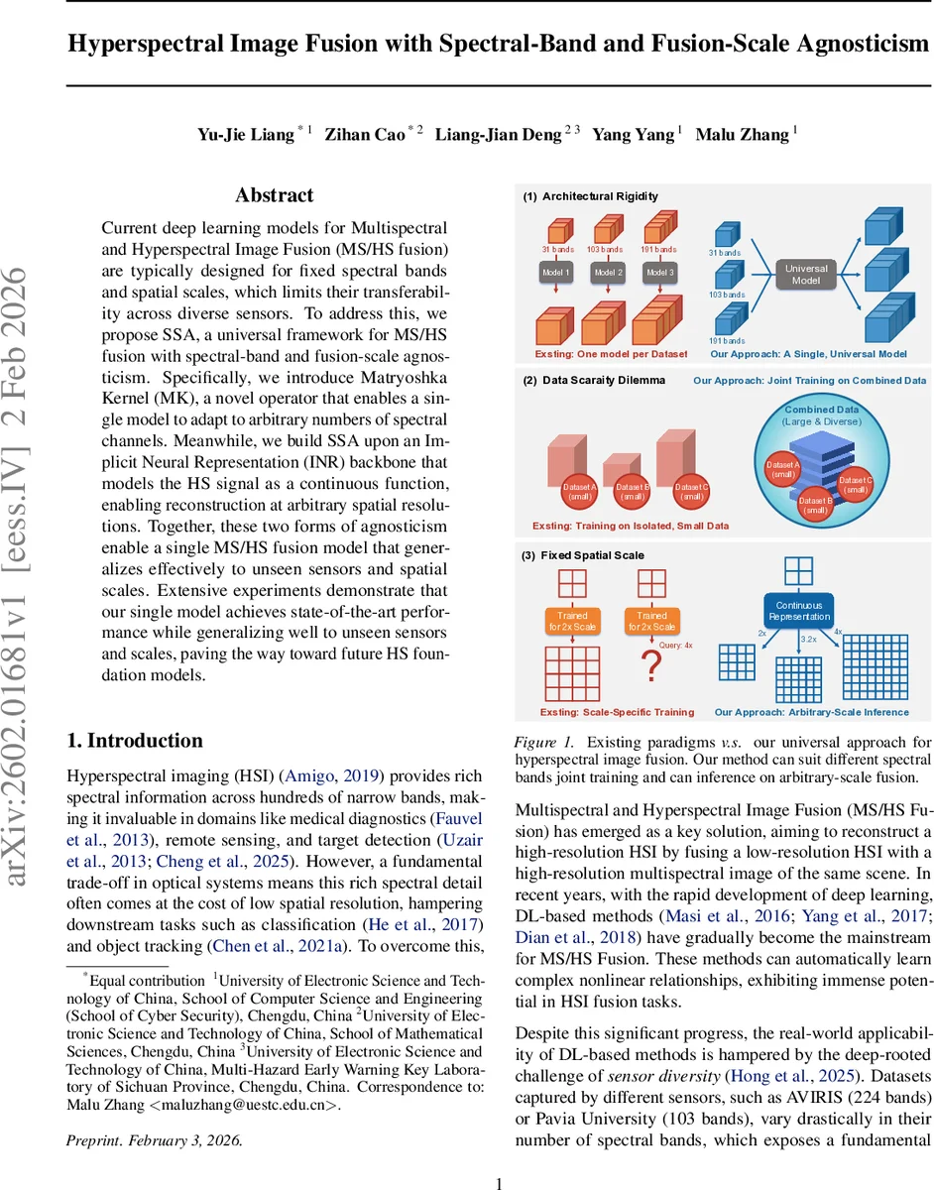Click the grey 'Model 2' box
pos(607,273)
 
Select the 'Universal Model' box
pos(806,274)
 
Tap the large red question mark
pos(651,667)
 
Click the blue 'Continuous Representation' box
pos(799,610)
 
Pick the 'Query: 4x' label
pos(676,646)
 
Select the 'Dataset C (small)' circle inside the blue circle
pos(856,485)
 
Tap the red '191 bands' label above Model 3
pos(658,250)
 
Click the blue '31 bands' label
pos(725,253)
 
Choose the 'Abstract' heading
pos(275,195)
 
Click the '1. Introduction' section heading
pos(134,741)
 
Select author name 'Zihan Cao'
pos(364,135)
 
